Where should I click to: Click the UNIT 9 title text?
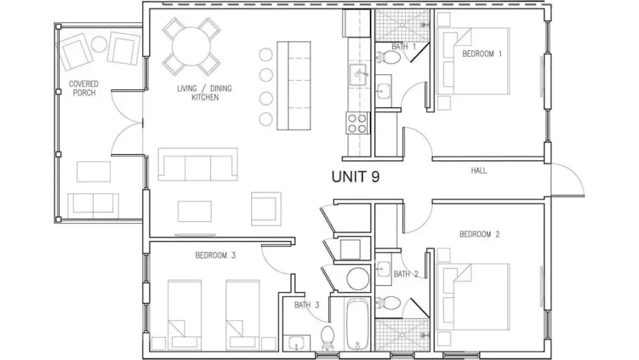[x=355, y=176]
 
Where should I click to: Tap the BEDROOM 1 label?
[x=481, y=54]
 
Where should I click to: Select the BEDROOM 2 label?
[x=479, y=235]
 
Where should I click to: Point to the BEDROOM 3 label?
[x=215, y=256]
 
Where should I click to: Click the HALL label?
[x=479, y=171]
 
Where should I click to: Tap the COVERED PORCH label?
[x=83, y=89]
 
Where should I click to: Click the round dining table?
[x=191, y=47]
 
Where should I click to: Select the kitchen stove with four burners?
[x=357, y=123]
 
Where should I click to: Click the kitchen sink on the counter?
[x=358, y=75]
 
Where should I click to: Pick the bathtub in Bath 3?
[x=358, y=325]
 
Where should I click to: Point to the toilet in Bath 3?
[x=327, y=338]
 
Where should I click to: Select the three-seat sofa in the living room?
[x=198, y=164]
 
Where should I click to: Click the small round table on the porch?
[x=99, y=44]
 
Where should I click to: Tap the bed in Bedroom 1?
[x=473, y=61]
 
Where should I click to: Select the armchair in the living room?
[x=266, y=209]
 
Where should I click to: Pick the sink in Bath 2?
[x=383, y=269]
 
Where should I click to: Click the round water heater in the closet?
[x=358, y=279]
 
